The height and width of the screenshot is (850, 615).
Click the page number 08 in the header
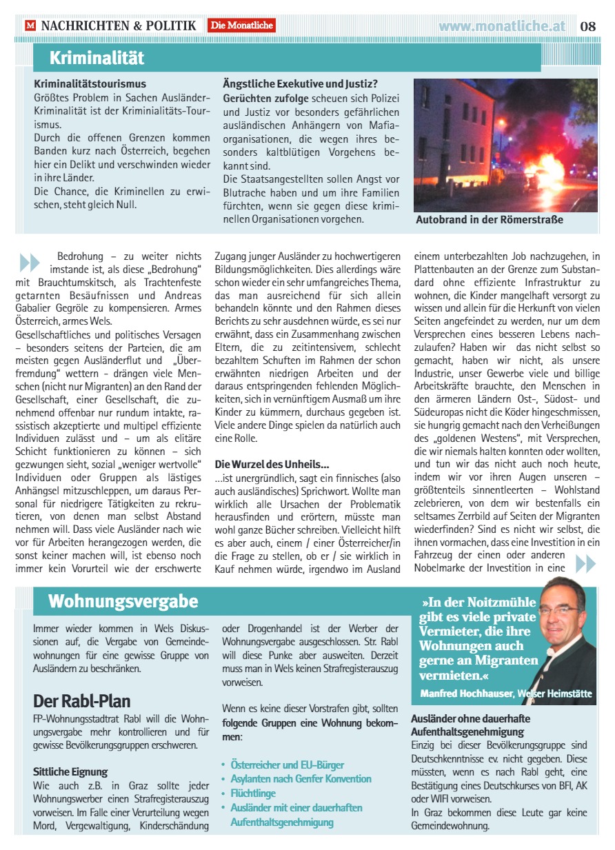click(587, 26)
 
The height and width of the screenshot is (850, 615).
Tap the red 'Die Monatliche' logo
click(242, 26)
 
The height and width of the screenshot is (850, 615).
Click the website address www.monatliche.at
click(502, 26)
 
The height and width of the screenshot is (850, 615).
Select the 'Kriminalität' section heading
click(97, 57)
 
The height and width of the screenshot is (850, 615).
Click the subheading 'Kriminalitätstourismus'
click(90, 84)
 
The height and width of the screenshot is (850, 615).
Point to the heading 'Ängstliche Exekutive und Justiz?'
click(300, 84)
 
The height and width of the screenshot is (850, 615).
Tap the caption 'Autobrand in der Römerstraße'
click(490, 220)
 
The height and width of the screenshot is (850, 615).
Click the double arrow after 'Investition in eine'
click(585, 563)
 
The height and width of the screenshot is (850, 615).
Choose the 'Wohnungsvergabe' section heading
click(123, 601)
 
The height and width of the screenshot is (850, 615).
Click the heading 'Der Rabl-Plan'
click(81, 701)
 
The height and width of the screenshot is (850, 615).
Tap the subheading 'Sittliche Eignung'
click(70, 771)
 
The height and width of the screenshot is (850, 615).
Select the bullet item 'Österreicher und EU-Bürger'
click(287, 765)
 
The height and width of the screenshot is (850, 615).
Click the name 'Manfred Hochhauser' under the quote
click(466, 693)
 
